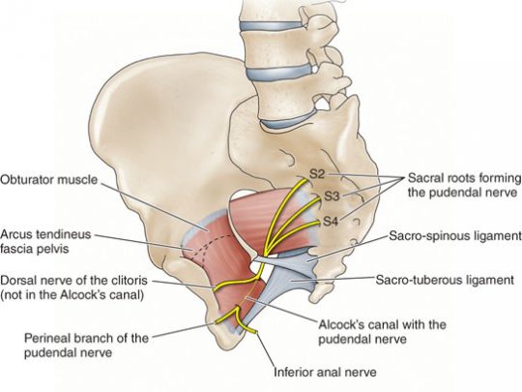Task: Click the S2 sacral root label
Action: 317,174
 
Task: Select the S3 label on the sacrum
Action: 332,196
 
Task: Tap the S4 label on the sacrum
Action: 331,221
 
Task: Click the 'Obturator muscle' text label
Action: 49,180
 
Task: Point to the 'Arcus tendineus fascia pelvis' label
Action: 45,241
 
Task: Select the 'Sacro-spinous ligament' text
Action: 455,236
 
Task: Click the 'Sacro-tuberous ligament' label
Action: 445,280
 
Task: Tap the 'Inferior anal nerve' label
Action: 325,372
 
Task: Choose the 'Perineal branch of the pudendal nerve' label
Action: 87,345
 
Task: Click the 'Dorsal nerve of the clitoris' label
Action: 73,287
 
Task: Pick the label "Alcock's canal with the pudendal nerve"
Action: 383,332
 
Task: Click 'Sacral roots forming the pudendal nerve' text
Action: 465,185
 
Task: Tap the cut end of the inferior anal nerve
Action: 255,332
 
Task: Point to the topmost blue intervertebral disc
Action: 272,26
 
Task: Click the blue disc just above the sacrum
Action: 286,121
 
